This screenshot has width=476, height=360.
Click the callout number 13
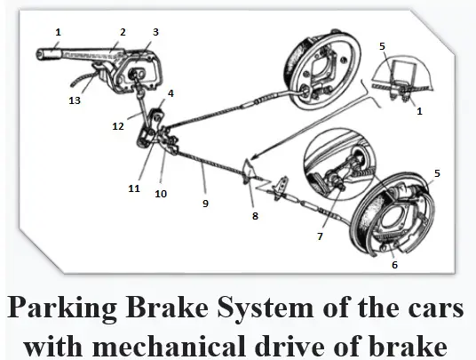point(75,100)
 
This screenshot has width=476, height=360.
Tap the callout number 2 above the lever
point(123,32)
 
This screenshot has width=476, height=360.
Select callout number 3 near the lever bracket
point(155,32)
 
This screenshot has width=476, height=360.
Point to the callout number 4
point(171,93)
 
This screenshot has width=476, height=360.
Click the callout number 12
point(118,125)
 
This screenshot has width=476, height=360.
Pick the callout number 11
point(134,188)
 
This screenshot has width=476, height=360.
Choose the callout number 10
point(161,194)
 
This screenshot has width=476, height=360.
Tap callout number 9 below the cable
point(205,204)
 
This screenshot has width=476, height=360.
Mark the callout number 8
point(255,216)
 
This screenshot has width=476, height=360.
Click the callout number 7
point(320,236)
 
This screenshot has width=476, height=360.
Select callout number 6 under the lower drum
point(394,265)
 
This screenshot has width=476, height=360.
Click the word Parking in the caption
point(62,308)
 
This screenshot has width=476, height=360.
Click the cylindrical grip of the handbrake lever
point(49,53)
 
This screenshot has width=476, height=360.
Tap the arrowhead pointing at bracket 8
point(255,156)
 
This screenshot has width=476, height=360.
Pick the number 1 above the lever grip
point(58,32)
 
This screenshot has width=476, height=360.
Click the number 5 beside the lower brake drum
point(437,173)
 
